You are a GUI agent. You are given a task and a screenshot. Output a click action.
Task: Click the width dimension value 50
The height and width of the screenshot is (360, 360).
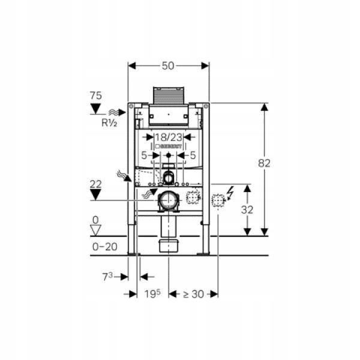pos(168,66)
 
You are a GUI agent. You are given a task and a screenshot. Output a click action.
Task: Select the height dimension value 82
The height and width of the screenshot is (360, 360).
pos(264,163)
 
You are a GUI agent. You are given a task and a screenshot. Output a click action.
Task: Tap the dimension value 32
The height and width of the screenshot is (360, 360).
pos(247,209)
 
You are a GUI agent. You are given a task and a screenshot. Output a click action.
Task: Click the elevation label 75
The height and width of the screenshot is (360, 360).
pos(95,95)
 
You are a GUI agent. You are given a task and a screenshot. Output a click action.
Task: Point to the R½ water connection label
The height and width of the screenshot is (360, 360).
pos(109,123)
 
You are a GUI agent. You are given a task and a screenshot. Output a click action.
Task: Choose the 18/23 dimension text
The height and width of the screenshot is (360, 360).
pos(169,137)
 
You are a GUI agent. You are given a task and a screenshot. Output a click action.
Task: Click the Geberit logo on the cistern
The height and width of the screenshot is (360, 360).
pos(169,146)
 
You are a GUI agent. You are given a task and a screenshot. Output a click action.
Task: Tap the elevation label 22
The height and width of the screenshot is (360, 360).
pos(95,184)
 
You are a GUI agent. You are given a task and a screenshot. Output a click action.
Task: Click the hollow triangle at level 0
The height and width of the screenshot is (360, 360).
pos(95,230)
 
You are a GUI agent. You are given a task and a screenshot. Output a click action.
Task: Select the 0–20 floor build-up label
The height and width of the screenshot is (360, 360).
pos(104,247)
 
